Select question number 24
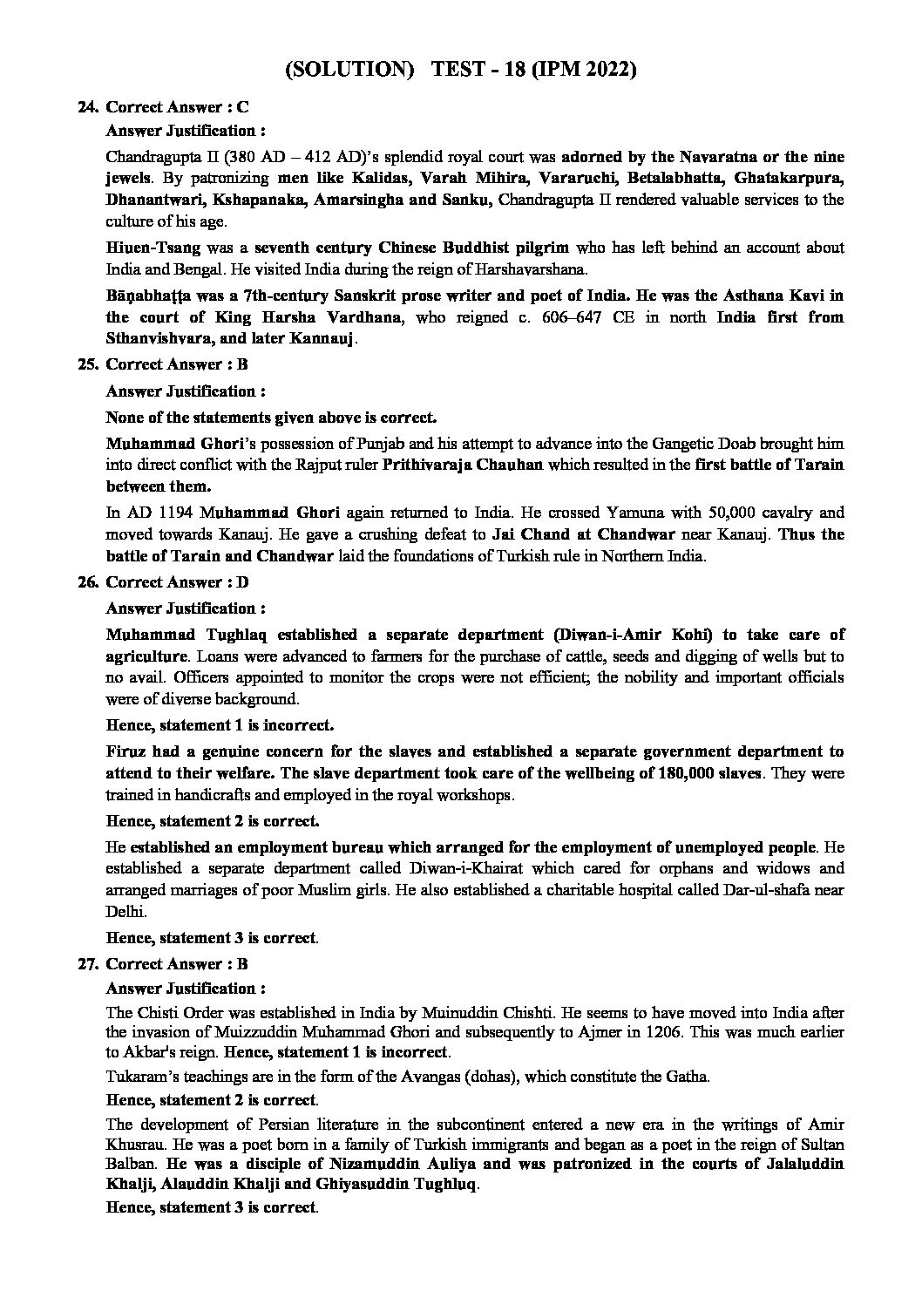[x=87, y=107]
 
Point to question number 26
[x=87, y=582]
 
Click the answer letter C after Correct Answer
[x=242, y=107]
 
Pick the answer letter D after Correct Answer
[x=243, y=582]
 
